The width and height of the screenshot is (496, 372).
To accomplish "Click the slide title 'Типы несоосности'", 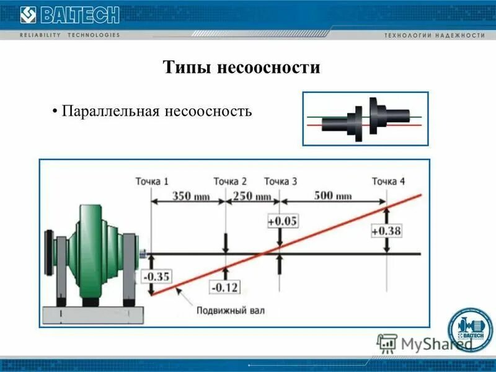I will pyautogui.click(x=242, y=67).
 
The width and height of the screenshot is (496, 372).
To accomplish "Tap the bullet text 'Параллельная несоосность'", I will pyautogui.click(x=156, y=112).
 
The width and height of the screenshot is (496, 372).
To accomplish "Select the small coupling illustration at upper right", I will pyautogui.click(x=365, y=118).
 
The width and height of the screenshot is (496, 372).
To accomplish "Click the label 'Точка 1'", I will pyautogui.click(x=152, y=181).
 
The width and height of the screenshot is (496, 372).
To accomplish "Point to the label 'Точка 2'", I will pyautogui.click(x=230, y=181).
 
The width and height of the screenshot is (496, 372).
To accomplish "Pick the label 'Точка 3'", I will pyautogui.click(x=280, y=181).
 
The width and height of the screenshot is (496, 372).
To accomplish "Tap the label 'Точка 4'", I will pyautogui.click(x=389, y=181).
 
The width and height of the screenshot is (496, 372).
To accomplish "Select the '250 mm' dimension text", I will pyautogui.click(x=252, y=196).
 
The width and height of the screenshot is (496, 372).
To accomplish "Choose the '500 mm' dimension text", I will pyautogui.click(x=333, y=196).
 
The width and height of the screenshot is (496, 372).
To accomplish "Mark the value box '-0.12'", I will pyautogui.click(x=225, y=288).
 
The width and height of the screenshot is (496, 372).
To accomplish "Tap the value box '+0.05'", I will pyautogui.click(x=282, y=221).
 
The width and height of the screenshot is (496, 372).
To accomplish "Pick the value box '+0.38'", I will pyautogui.click(x=386, y=231).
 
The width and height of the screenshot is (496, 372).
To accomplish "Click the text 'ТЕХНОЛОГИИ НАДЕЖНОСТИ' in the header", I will pyautogui.click(x=434, y=35).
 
